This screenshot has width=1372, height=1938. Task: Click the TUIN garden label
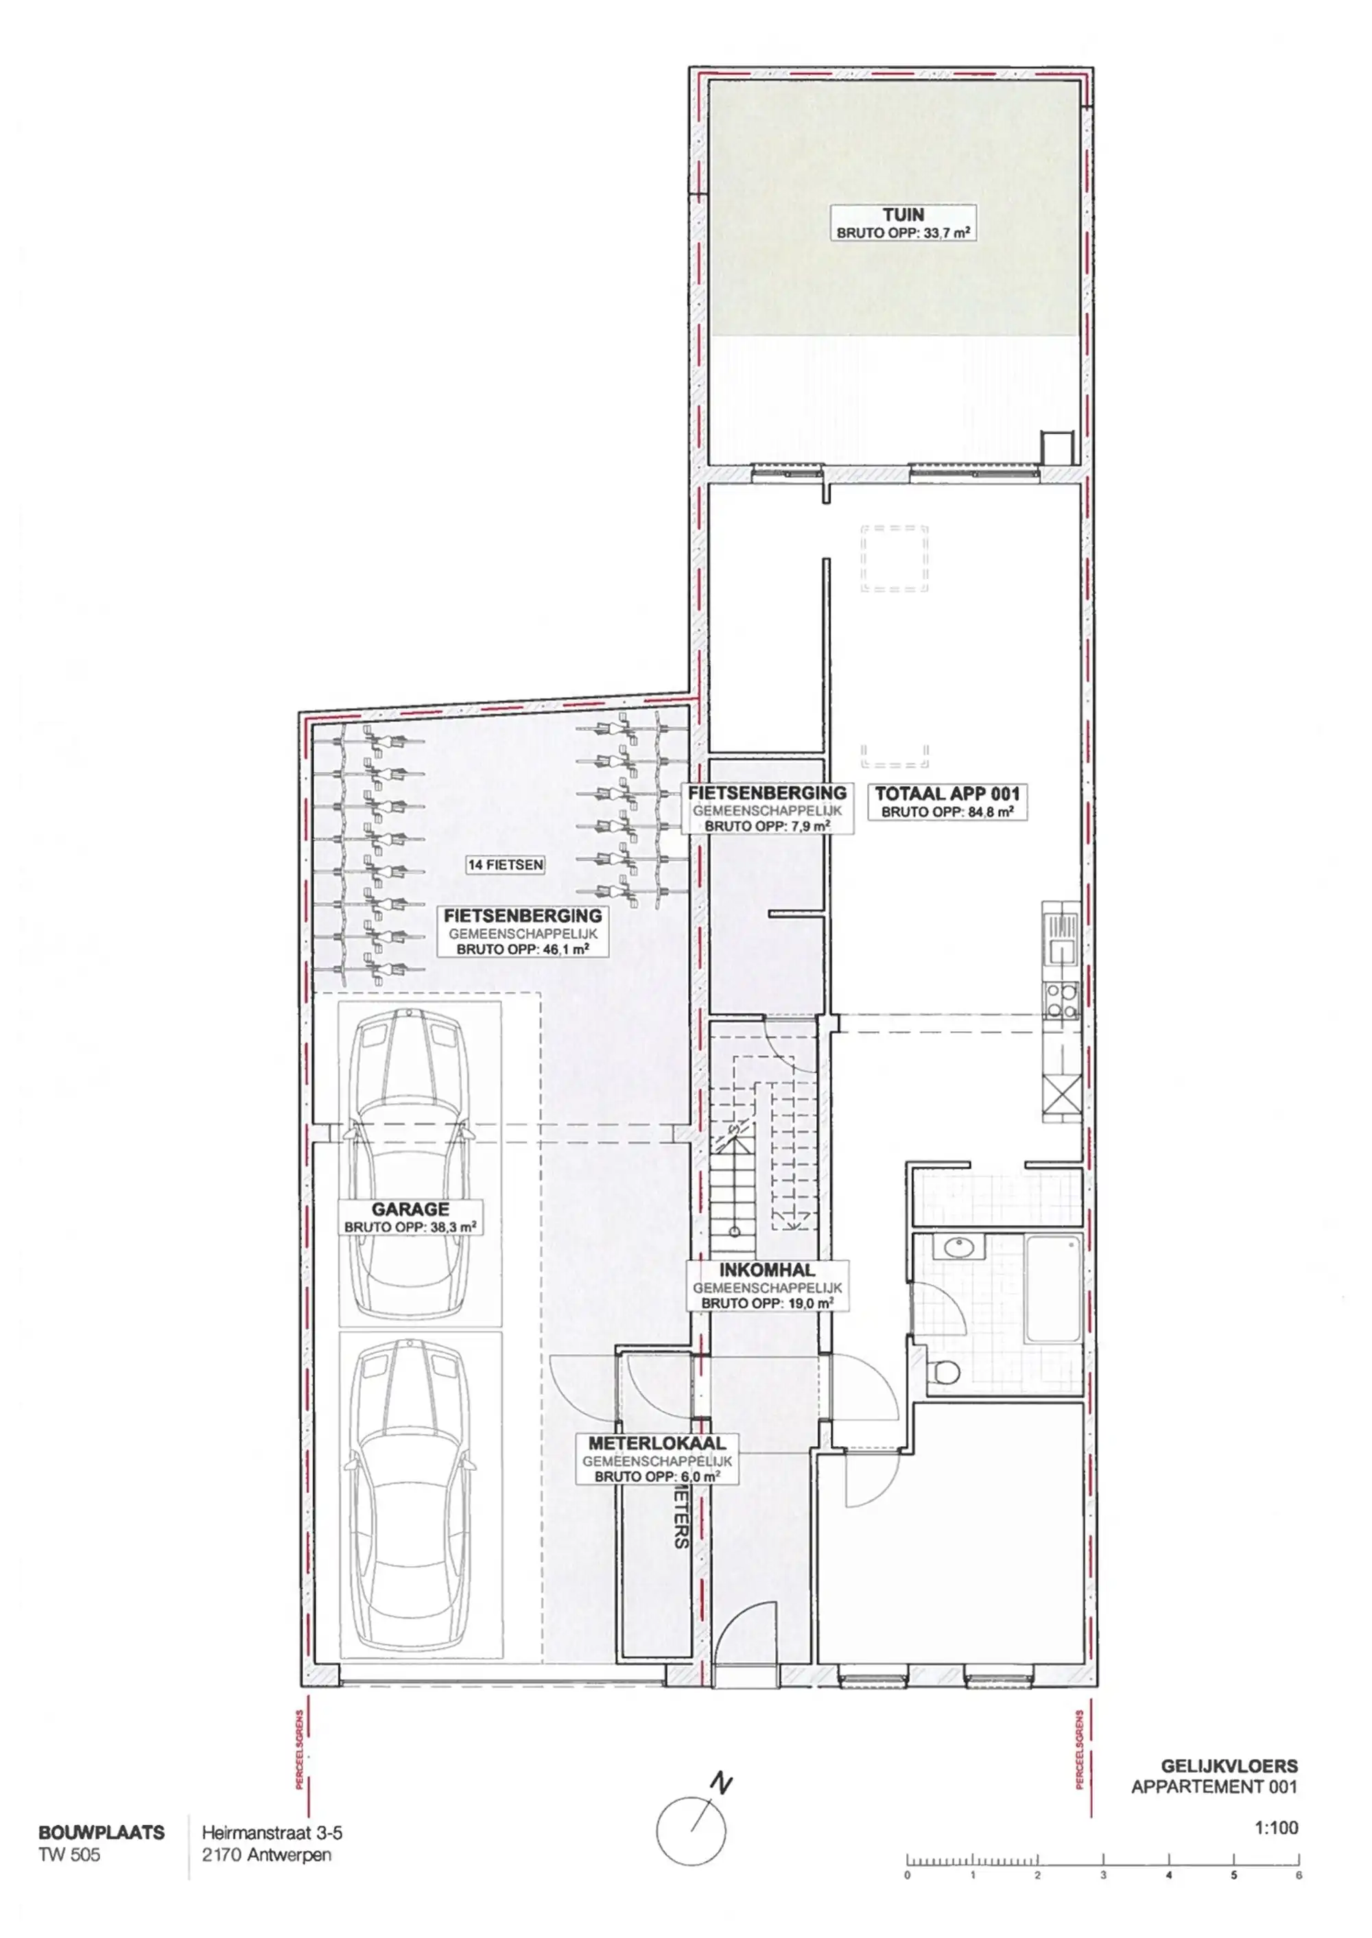pos(903,215)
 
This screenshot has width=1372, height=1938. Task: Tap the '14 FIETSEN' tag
pos(505,865)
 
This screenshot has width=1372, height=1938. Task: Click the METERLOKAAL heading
pos(657,1444)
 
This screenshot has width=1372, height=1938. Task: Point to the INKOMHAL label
pos(767,1270)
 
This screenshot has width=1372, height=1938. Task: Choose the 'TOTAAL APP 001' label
pos(947,794)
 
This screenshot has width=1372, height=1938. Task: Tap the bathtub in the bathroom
pos(1052,1288)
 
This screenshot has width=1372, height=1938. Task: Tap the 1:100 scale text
pos(1276,1828)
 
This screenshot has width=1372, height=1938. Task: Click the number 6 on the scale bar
pos(1299,1876)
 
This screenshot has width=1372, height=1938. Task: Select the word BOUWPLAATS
pos(102,1833)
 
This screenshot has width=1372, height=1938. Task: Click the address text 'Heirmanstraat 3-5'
pos(272,1833)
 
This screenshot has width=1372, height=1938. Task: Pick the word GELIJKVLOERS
pos(1229,1766)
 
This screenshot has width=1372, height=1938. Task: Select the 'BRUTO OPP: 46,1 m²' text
pos(522,949)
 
